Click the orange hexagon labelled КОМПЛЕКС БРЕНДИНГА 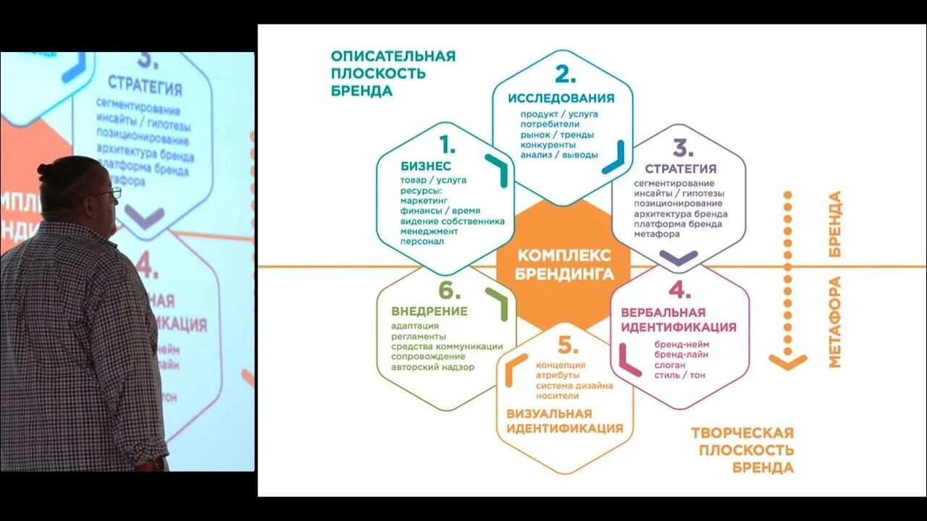click(564, 265)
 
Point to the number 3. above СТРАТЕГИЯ click(682, 148)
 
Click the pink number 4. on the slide click(679, 290)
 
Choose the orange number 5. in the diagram click(568, 345)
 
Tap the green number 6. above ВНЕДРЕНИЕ click(449, 291)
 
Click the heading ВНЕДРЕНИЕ click(429, 311)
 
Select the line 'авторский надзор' click(432, 367)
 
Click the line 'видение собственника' click(452, 221)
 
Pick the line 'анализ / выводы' click(558, 154)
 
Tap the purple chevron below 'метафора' click(679, 257)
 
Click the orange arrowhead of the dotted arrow click(787, 360)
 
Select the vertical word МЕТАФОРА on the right click(835, 321)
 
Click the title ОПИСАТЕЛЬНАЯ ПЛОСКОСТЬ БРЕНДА click(393, 73)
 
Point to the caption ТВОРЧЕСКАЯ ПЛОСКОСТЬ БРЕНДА click(742, 450)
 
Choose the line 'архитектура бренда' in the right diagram click(680, 214)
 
